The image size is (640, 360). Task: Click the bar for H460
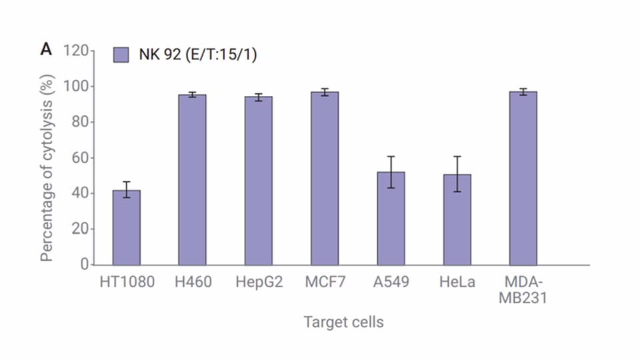click(x=192, y=179)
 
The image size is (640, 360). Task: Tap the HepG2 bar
click(x=258, y=181)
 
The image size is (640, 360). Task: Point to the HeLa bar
click(x=457, y=219)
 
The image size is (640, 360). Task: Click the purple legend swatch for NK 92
click(x=121, y=55)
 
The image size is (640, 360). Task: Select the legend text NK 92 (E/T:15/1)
click(x=197, y=55)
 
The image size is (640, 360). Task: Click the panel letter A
click(x=46, y=50)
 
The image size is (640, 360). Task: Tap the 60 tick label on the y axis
click(x=80, y=158)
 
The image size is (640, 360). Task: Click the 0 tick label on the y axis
click(x=84, y=265)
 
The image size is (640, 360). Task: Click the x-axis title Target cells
click(x=343, y=323)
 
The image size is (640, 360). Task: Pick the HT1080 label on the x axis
click(x=127, y=283)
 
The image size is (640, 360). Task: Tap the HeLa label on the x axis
click(x=457, y=283)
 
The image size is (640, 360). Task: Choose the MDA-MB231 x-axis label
click(x=523, y=290)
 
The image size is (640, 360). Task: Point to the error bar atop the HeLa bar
click(x=457, y=174)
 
